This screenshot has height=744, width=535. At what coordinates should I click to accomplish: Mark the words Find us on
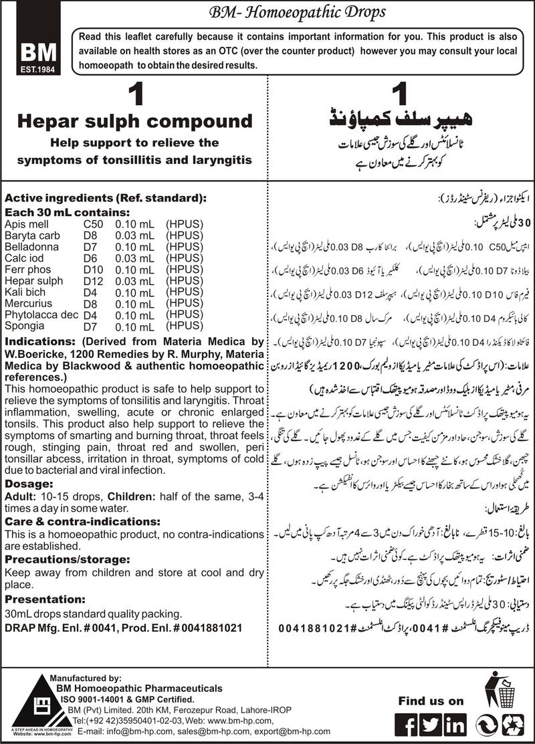point(430,701)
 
